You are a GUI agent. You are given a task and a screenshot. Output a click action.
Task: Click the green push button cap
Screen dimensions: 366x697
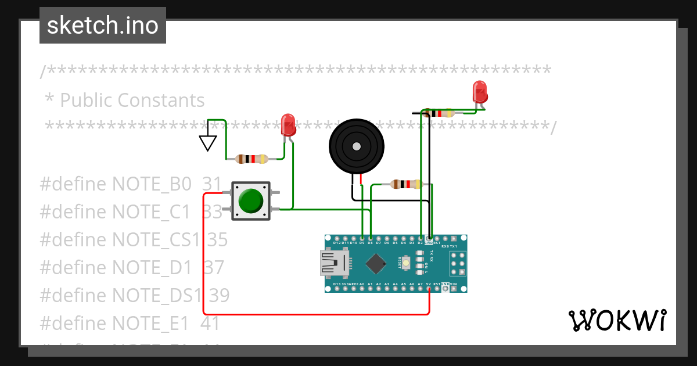click(x=251, y=200)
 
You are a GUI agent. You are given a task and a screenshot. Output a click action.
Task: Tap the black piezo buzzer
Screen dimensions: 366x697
click(x=356, y=146)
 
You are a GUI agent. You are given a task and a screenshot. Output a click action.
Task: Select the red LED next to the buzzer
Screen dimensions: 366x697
click(x=288, y=125)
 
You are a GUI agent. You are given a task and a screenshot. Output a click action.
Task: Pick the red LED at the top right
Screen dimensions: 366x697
click(x=480, y=92)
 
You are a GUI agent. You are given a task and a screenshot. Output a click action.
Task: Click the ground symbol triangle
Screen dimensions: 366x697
click(x=208, y=142)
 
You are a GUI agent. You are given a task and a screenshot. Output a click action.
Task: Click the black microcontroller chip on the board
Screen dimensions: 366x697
click(x=376, y=264)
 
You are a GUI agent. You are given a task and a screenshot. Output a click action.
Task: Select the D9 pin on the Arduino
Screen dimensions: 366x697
click(x=362, y=238)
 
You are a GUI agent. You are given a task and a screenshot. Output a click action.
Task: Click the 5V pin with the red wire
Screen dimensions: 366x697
click(x=429, y=289)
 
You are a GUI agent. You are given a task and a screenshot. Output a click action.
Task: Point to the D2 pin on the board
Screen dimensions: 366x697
click(x=421, y=238)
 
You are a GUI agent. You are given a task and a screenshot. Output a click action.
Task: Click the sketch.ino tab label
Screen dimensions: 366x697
click(x=103, y=26)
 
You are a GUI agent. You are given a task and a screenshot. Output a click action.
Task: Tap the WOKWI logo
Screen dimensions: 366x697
click(x=616, y=320)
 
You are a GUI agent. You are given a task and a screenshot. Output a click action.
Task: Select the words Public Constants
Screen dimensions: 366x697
click(x=132, y=100)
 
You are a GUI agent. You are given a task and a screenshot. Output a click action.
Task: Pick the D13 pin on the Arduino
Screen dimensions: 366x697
click(x=337, y=289)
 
